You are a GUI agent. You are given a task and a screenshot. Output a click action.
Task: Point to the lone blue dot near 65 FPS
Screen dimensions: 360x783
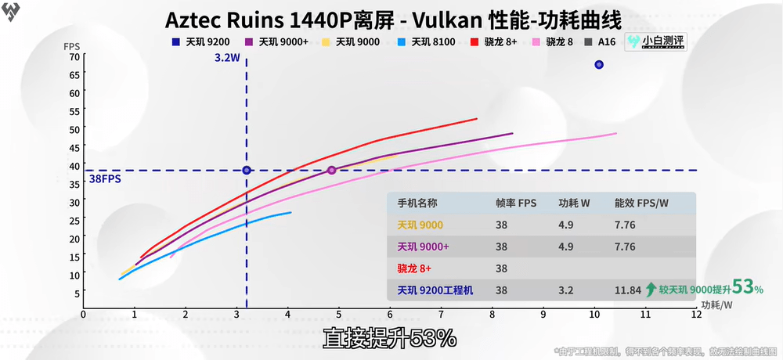(599, 65)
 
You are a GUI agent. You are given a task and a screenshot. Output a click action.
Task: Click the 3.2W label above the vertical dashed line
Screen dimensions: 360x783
(229, 58)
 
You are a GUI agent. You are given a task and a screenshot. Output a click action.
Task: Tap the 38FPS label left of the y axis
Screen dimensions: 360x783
(104, 179)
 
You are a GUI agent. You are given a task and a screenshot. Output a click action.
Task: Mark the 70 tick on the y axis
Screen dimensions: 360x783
(74, 56)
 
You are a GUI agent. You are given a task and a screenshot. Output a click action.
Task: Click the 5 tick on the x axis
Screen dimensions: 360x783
(339, 315)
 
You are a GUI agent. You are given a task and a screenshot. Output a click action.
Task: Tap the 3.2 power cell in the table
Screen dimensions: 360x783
(565, 290)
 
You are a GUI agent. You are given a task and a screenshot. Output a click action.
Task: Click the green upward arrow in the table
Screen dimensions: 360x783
(650, 290)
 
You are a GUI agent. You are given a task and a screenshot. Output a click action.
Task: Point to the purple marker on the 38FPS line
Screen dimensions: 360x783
(331, 171)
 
